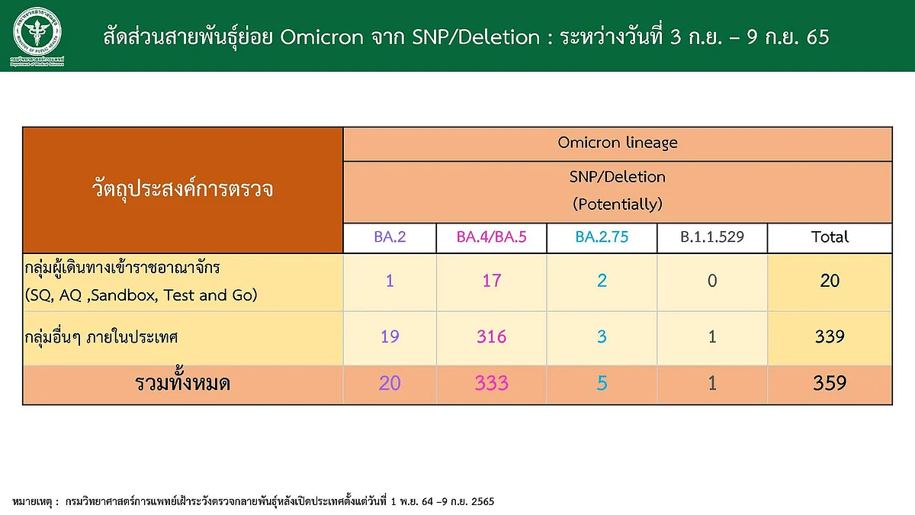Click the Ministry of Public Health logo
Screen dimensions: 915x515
click(x=37, y=36)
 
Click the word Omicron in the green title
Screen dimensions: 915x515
click(x=322, y=37)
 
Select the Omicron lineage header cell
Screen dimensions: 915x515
click(x=617, y=143)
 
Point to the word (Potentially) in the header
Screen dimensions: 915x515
click(x=617, y=204)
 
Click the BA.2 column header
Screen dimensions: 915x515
click(x=390, y=237)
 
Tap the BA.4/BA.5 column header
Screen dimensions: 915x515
click(x=491, y=237)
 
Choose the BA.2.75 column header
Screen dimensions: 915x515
click(x=602, y=237)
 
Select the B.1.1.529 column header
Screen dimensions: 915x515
click(x=712, y=237)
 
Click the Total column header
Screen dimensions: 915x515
click(x=830, y=237)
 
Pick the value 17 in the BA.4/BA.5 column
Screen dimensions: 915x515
click(x=491, y=281)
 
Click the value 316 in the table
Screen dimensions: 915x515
click(x=491, y=336)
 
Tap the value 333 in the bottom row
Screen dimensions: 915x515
click(x=491, y=383)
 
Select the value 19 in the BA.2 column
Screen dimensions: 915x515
click(x=390, y=336)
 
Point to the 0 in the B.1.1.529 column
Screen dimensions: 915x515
click(x=712, y=281)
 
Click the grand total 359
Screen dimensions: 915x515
click(x=830, y=383)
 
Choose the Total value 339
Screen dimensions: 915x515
click(x=830, y=336)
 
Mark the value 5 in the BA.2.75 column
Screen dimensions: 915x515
click(x=602, y=383)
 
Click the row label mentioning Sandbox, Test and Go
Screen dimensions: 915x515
click(x=141, y=282)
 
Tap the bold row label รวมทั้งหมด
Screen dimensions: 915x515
click(x=182, y=383)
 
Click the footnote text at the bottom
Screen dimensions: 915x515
click(x=253, y=501)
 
